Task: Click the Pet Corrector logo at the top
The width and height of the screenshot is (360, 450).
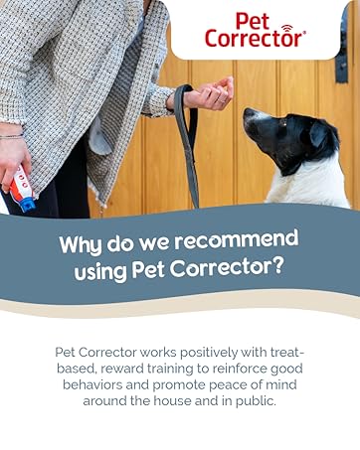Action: [255, 30]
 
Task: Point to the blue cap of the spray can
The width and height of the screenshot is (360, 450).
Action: [27, 204]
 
